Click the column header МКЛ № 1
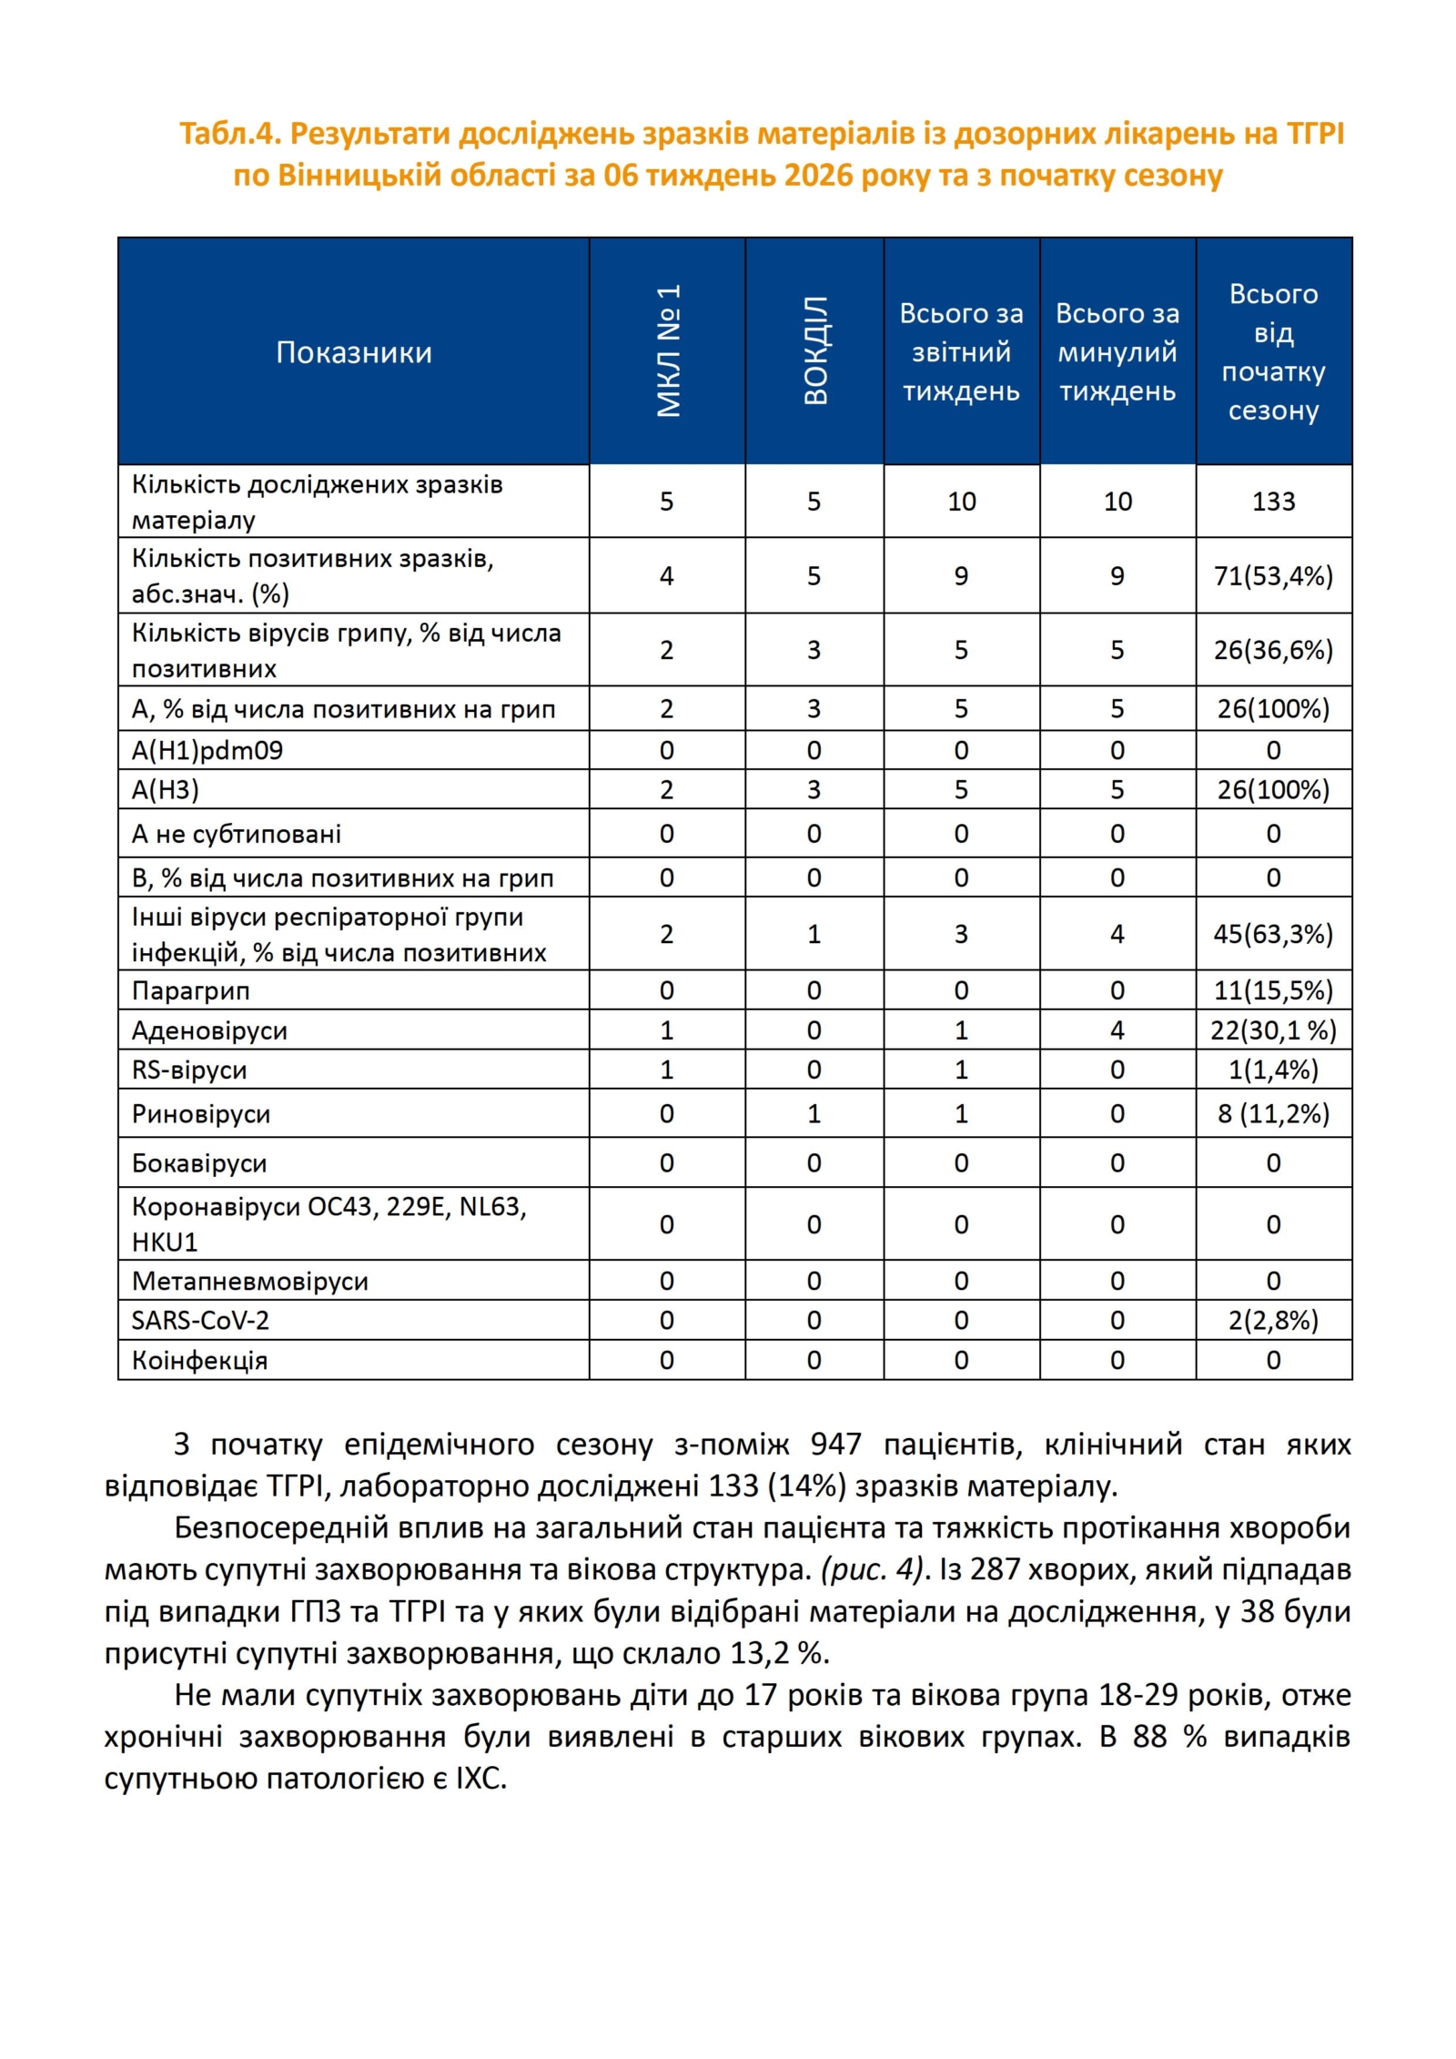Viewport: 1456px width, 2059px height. (668, 350)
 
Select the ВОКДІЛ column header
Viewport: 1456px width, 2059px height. (814, 350)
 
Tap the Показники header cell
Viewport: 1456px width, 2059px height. (353, 352)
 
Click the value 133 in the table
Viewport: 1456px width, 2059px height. (1273, 502)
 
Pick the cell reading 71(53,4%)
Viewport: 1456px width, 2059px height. (1273, 576)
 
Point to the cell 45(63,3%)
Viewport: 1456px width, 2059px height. (1273, 934)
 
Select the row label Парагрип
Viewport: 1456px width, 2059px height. (190, 990)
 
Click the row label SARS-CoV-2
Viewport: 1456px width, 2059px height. (200, 1320)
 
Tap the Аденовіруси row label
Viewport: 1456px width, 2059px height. (209, 1030)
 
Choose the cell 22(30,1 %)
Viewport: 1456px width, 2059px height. (1273, 1030)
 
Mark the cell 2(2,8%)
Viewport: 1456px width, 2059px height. (1273, 1320)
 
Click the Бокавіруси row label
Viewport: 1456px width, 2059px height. (199, 1163)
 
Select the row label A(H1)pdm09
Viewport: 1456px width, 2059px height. (207, 750)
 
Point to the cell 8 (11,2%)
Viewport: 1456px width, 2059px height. (1273, 1114)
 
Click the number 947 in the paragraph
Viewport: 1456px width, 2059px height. (835, 1445)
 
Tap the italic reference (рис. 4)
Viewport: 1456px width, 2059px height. (873, 1569)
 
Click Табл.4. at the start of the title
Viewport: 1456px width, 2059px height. (230, 134)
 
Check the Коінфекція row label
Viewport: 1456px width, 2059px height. (199, 1360)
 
